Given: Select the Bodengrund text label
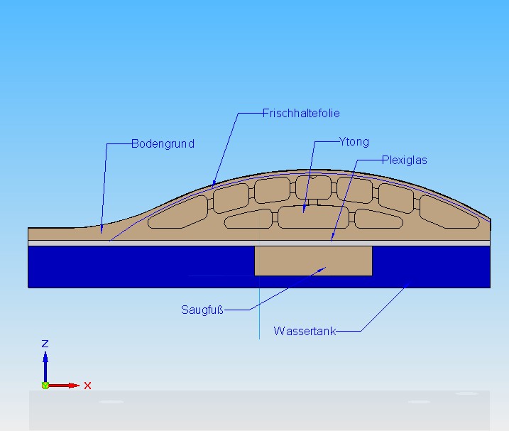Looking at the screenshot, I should click(163, 143).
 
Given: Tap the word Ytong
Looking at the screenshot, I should click(354, 142).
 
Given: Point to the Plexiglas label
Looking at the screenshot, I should click(404, 160).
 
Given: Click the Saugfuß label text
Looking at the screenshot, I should click(202, 310).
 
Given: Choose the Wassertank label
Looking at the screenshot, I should click(304, 331).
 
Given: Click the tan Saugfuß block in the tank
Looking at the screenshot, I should click(313, 261).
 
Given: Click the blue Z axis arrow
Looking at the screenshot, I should click(45, 366).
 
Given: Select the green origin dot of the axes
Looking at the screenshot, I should click(45, 385).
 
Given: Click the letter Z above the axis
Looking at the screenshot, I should click(45, 344).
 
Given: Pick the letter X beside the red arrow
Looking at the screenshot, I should click(87, 386).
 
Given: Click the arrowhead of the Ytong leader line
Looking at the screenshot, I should click(304, 210).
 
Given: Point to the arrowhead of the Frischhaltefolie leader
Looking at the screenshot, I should click(213, 186).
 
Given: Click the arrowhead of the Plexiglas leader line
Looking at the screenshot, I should click(332, 240).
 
